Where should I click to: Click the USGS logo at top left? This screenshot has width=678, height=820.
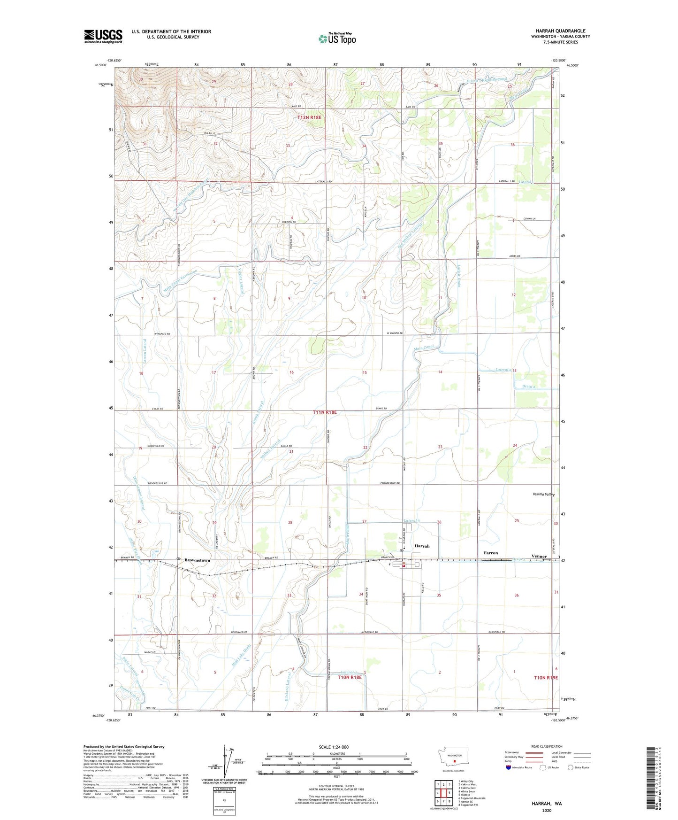103,36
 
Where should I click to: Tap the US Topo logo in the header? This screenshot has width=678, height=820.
336,39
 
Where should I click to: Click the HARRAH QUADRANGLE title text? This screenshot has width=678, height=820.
560,31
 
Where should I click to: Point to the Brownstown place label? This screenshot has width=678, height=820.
197,560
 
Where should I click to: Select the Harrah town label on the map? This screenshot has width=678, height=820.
422,546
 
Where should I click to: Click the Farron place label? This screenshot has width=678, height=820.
490,553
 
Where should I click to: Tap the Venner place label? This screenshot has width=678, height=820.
539,556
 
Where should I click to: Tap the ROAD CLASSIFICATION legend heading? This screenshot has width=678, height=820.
547,746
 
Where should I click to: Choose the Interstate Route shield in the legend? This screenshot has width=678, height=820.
509,767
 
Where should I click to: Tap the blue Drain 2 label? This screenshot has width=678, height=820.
528,387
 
